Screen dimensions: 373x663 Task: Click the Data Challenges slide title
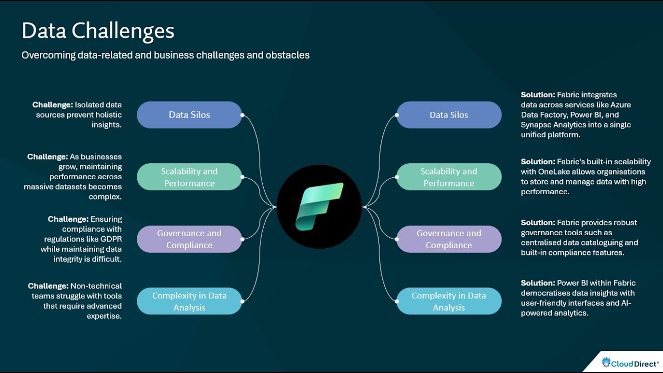coord(98,31)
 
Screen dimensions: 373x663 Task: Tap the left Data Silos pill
coord(189,115)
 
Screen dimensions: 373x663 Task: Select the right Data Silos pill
coord(449,115)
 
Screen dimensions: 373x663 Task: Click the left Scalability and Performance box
coord(189,177)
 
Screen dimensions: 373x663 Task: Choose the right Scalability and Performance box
coord(449,177)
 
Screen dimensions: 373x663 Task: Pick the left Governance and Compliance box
coord(189,239)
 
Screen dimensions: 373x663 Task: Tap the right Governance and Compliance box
coord(449,239)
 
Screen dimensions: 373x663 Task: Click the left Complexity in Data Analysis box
coord(189,302)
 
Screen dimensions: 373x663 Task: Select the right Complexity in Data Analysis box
coord(449,302)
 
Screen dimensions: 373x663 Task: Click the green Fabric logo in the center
coord(319,206)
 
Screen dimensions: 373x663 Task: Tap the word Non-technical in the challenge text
coord(96,286)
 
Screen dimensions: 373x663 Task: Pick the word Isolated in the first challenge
coord(91,105)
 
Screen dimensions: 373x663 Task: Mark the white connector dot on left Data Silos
coord(242,115)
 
